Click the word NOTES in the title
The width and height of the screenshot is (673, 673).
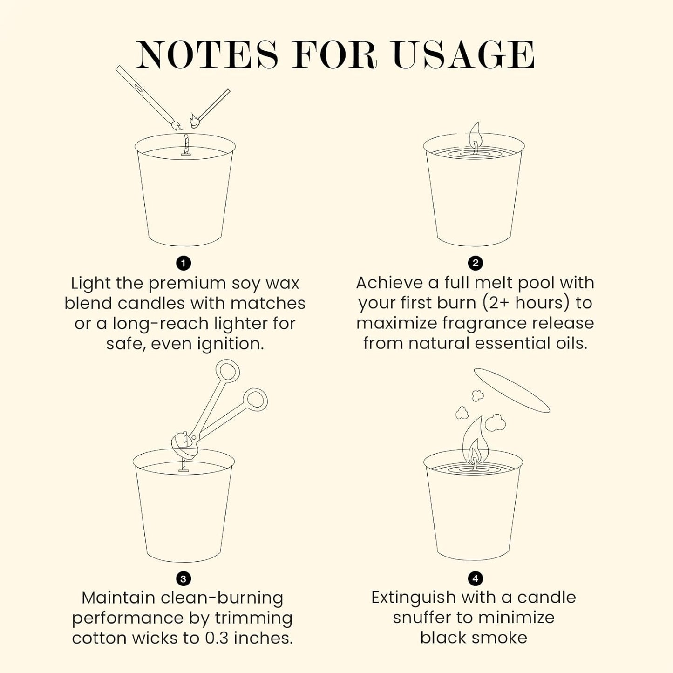pyautogui.click(x=207, y=55)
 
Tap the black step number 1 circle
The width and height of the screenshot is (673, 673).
pyautogui.click(x=184, y=263)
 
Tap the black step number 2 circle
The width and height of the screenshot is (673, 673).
pyautogui.click(x=475, y=263)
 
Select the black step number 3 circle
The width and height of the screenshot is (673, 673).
pyautogui.click(x=183, y=579)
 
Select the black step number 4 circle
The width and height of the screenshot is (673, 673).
pyautogui.click(x=475, y=578)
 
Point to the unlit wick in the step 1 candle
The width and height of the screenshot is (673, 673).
pyautogui.click(x=187, y=144)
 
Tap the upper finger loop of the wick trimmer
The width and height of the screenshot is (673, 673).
pyautogui.click(x=228, y=372)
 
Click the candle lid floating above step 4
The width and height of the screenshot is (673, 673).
pyautogui.click(x=511, y=390)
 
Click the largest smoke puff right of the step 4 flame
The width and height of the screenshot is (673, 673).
pyautogui.click(x=495, y=423)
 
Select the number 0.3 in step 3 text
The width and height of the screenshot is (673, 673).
pyautogui.click(x=217, y=638)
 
